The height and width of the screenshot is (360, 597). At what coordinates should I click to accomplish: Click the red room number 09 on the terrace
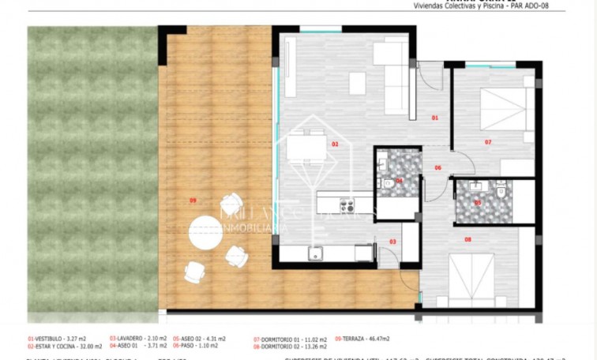tap(193, 201)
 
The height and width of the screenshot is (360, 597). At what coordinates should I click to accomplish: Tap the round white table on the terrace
tap(205, 231)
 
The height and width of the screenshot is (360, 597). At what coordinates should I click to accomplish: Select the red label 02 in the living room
tap(335, 144)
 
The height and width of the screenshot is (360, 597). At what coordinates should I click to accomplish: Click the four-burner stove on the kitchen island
tap(347, 206)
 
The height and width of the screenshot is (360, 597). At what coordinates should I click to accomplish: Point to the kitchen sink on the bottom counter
tap(315, 253)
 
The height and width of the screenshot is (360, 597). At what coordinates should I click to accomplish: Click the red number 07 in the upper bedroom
tap(488, 142)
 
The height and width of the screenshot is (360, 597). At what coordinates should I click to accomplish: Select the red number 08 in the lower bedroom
tap(467, 238)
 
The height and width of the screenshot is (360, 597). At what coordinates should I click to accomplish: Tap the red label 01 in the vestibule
tap(434, 118)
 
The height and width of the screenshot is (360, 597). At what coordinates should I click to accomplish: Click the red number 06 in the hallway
tap(437, 168)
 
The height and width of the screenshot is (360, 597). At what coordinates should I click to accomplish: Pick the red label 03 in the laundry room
tap(392, 242)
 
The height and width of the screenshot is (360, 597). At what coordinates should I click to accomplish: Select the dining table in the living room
tap(306, 148)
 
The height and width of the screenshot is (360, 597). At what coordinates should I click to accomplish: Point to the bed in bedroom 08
tap(471, 277)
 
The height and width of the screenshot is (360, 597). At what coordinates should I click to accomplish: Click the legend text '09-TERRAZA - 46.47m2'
tap(362, 338)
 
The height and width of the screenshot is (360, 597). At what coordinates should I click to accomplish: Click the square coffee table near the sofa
tap(357, 83)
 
